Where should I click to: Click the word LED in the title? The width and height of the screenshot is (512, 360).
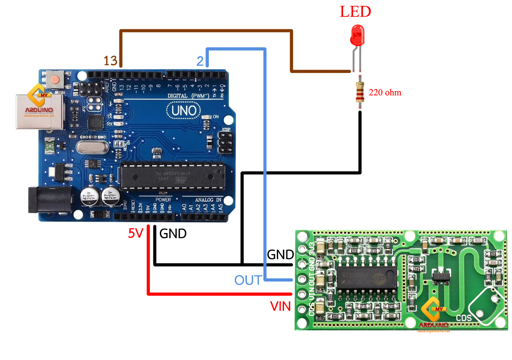pos(355,12)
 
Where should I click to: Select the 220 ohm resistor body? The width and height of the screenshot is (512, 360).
pos(360,92)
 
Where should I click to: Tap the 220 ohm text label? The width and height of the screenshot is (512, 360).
pos(385,93)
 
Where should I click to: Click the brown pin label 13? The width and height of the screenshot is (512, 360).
pos(110,61)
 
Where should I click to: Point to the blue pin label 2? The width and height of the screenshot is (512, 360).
pos(200,61)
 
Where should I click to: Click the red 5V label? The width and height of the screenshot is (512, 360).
pos(136,233)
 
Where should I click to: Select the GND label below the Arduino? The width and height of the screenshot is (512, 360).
pos(173,234)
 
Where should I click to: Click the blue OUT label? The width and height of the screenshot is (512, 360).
pos(248,280)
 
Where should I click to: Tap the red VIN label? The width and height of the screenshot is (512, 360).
pos(280,306)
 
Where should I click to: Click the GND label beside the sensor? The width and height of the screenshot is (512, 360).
pos(280,255)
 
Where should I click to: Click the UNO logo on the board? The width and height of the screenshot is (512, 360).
pos(184,111)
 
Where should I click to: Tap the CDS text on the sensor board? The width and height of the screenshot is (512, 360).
pos(464,318)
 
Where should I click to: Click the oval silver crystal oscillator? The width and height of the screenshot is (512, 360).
pos(92,147)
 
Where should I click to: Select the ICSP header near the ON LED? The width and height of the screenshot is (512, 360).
pos(226,142)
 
